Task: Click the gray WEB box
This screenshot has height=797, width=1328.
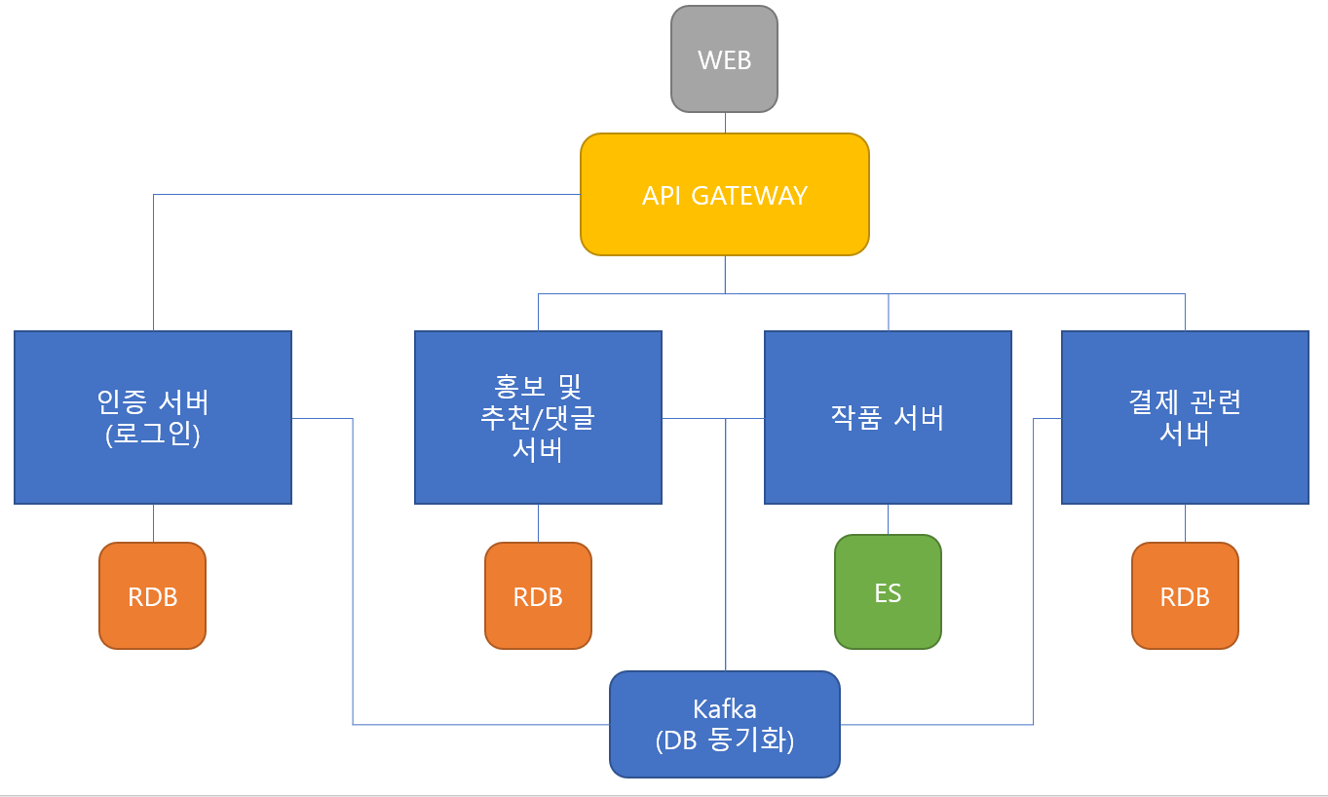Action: [x=724, y=58]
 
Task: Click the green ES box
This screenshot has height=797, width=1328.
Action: [x=888, y=591]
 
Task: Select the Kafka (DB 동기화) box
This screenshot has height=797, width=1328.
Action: [x=724, y=724]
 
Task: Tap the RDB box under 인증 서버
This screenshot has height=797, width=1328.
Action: [x=153, y=595]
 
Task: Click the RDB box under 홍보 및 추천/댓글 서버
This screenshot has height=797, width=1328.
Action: [x=538, y=595]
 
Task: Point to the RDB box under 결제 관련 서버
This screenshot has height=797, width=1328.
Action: [x=1185, y=595]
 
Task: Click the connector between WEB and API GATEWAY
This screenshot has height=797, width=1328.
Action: [x=725, y=123]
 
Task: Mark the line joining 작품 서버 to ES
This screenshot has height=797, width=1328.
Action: [x=888, y=519]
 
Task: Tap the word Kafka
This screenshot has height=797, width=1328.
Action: [x=725, y=708]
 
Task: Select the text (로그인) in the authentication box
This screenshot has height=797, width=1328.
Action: [x=153, y=435]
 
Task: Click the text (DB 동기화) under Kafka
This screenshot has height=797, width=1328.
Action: [x=725, y=741]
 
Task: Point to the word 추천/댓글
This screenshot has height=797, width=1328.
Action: [x=538, y=418]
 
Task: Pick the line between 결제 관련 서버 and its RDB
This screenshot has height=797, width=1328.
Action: [x=1185, y=523]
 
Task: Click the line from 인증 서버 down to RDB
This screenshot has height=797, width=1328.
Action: [x=153, y=523]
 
